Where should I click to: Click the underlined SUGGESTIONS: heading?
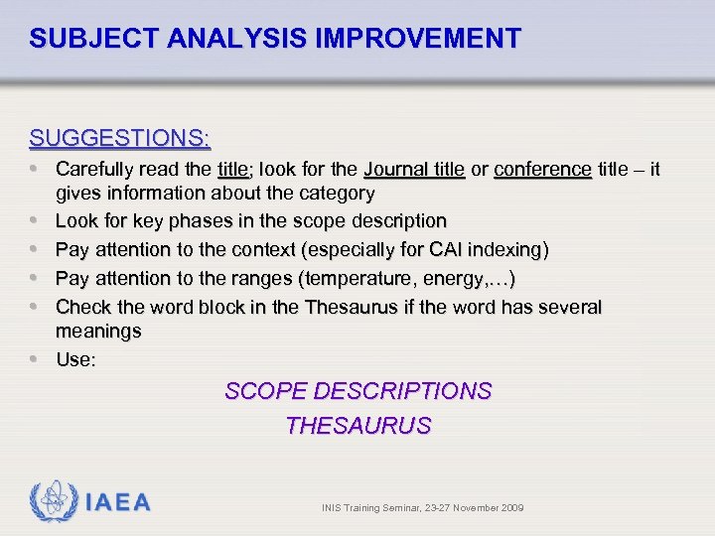pos(119,136)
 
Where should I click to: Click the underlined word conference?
pos(542,170)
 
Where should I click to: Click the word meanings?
pos(98,331)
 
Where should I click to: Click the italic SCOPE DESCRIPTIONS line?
pos(357,391)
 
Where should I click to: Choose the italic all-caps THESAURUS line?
pos(357,426)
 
